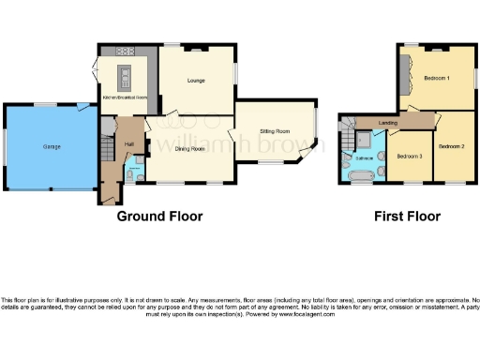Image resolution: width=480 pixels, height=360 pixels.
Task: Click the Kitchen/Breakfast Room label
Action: click(125, 97)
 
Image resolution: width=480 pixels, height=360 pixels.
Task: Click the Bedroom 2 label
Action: click(452, 145)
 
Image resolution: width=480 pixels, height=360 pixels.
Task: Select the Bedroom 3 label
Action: click(410, 156)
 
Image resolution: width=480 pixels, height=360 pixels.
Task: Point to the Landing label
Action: click(386, 123)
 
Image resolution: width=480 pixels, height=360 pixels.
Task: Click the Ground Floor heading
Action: click(159, 217)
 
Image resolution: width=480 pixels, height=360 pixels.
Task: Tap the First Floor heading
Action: click(407, 217)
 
